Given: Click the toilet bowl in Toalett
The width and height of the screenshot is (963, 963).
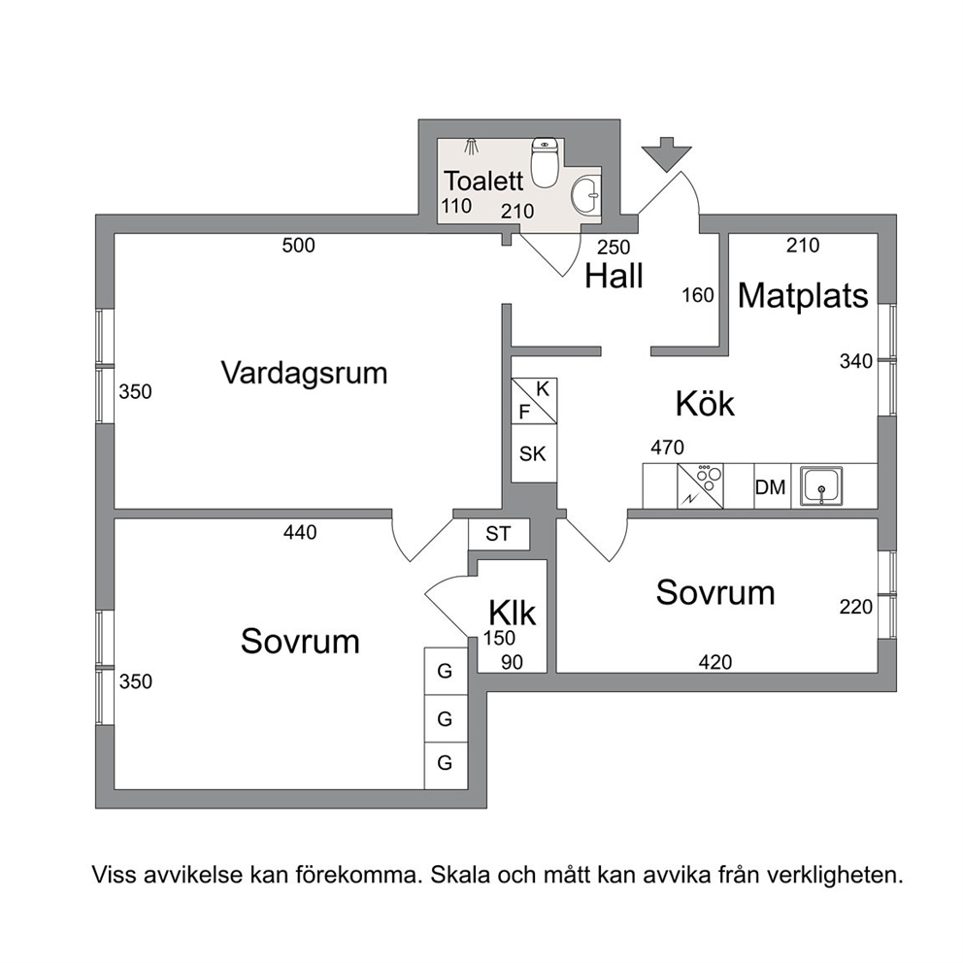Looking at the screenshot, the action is click(545, 162).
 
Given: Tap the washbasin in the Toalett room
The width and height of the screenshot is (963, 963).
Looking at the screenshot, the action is click(586, 195).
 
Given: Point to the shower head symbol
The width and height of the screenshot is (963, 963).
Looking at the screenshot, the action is click(471, 147).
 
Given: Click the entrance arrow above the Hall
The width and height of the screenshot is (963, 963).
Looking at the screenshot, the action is click(666, 153).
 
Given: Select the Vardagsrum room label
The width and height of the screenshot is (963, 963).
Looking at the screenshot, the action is click(304, 373).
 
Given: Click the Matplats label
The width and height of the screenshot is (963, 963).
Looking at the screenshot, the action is click(803, 295).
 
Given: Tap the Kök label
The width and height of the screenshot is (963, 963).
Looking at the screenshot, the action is click(705, 404).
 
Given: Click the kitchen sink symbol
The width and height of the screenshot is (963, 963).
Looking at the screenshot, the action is click(821, 486).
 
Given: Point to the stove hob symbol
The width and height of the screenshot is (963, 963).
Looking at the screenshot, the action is click(700, 485).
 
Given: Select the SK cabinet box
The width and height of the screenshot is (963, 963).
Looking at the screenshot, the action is click(534, 453).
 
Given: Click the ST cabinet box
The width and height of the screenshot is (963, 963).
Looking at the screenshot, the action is click(499, 534).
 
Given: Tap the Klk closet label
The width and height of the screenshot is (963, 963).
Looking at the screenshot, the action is click(512, 613).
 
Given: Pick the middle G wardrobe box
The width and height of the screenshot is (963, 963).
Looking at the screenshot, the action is click(446, 718).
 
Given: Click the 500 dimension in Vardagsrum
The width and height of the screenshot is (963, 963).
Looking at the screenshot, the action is click(298, 246).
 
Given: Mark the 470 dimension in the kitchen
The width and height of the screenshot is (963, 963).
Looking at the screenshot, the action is click(667, 448).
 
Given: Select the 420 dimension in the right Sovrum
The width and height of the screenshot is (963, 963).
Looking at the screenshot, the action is click(715, 662).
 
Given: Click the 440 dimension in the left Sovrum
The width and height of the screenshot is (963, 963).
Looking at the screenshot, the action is click(300, 532).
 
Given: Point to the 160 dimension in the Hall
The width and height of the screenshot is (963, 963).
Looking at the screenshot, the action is click(698, 295).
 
